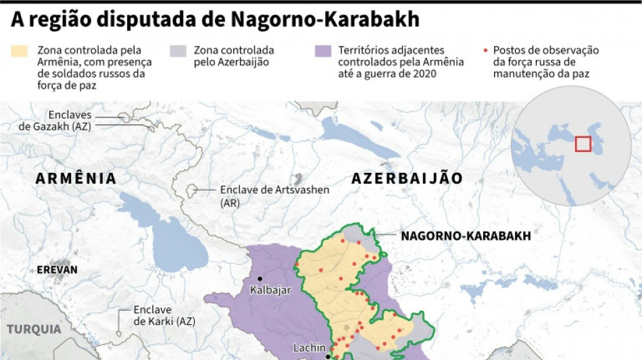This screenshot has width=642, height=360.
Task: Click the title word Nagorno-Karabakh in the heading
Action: [x=325, y=20]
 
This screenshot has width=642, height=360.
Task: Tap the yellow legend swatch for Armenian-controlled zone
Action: [x=20, y=51]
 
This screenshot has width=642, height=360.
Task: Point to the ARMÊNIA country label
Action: [x=76, y=178]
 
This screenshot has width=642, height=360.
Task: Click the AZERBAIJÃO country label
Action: [x=407, y=178]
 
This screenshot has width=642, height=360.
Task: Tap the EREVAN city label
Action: [x=57, y=269]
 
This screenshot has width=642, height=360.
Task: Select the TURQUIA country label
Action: [x=34, y=329]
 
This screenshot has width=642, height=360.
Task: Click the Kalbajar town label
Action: [x=270, y=290]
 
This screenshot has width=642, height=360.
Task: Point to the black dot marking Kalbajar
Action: [x=260, y=278]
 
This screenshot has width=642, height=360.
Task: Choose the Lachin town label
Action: [x=310, y=349]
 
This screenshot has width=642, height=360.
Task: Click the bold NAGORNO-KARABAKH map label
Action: [x=466, y=236]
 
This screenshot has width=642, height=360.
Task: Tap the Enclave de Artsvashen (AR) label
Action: [x=274, y=196]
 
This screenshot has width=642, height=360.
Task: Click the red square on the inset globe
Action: [x=583, y=144]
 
